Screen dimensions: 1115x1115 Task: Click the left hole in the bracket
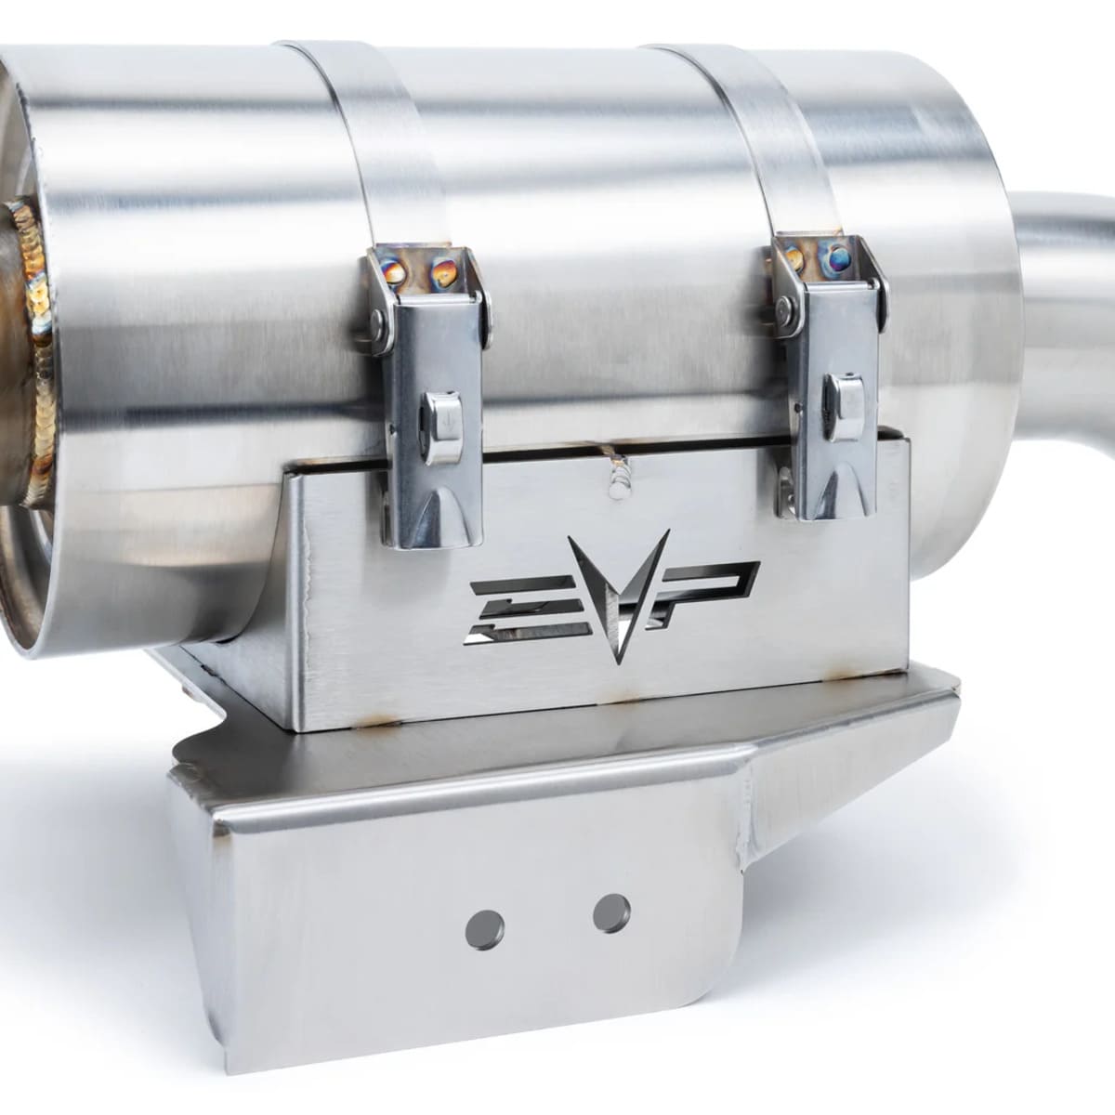coord(485,928)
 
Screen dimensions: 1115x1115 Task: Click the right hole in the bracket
coord(611,912)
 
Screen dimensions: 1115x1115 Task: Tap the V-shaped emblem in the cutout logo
coord(617,595)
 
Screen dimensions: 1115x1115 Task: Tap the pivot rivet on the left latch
coord(379,321)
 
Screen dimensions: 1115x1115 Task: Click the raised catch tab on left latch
coord(442,425)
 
